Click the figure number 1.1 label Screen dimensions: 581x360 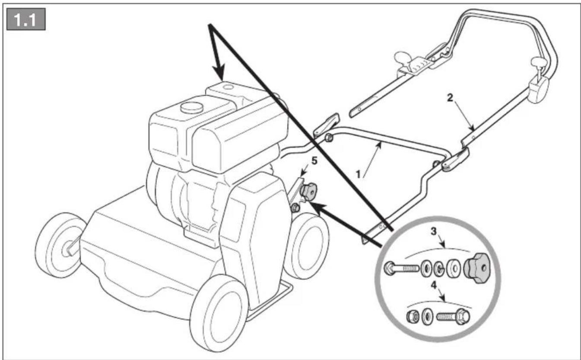pos(26,19)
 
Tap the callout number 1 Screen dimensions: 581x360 pos(358,174)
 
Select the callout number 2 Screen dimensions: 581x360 pos(450,98)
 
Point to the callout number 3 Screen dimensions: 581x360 pos(434,231)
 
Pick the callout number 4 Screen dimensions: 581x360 pos(434,285)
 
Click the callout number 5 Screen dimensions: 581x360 pos(314,161)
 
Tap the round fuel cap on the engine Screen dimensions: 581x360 pos(192,107)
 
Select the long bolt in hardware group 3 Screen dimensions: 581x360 pos(401,268)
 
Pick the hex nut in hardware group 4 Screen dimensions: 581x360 pos(413,316)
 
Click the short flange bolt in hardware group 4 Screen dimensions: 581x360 pos(453,316)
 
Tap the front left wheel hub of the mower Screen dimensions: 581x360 pos(67,248)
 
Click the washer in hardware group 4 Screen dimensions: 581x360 pos(427,316)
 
